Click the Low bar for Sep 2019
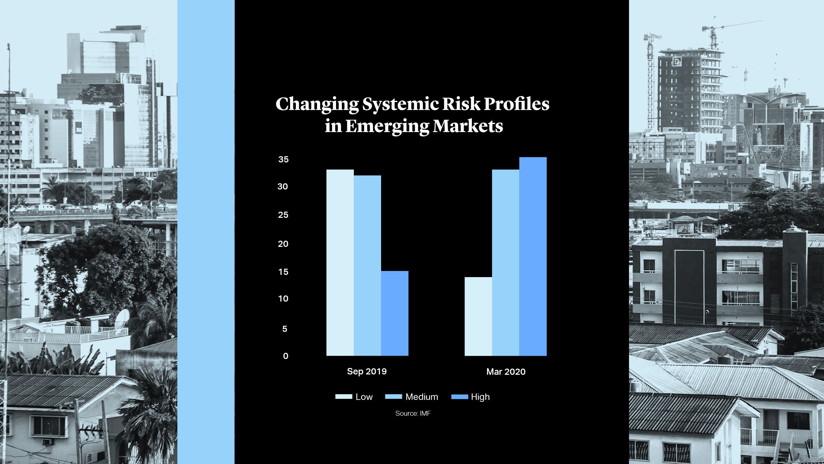coord(340,263)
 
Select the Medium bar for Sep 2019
coord(367,266)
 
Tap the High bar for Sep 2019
coord(395,313)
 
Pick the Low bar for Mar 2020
coord(478,316)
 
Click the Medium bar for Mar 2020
coord(506,263)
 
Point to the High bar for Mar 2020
coord(533,256)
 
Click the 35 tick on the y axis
coord(283,159)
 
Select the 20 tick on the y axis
coord(283,244)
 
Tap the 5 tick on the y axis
coord(285,329)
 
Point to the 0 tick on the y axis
coord(286,356)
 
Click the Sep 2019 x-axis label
coord(367,372)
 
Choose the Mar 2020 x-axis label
coord(506,372)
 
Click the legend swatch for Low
coord(344,397)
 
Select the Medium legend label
coord(422,397)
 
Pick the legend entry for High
coord(471,397)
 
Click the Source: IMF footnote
coord(413,413)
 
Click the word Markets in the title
coord(468,126)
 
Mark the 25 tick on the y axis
coord(283,215)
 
